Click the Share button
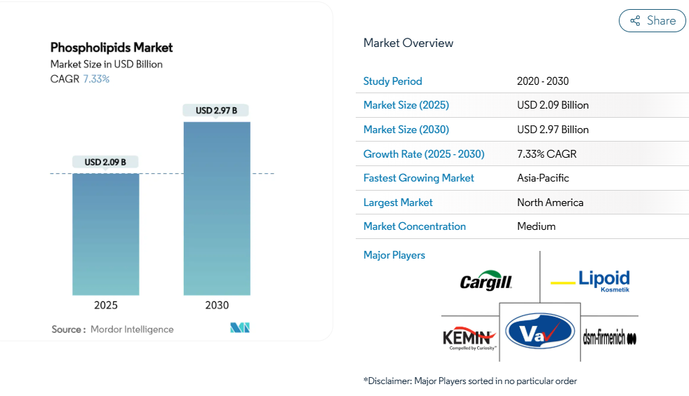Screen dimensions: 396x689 tap(652, 21)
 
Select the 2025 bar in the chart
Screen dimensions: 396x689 tap(106, 234)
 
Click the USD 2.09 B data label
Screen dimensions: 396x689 tap(105, 162)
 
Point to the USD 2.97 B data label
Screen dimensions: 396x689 tap(216, 110)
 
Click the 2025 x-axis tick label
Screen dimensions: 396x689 tap(106, 306)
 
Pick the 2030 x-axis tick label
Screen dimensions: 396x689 tap(217, 306)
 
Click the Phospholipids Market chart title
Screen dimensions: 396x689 tap(112, 48)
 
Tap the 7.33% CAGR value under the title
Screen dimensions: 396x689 tap(97, 79)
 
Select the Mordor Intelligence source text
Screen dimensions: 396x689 tap(132, 329)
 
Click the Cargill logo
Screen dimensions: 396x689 tap(486, 282)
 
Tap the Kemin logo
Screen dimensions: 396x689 tap(469, 339)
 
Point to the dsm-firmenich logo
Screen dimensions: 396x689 tap(610, 339)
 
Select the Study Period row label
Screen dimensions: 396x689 tap(393, 81)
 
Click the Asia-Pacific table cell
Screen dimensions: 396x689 tap(543, 178)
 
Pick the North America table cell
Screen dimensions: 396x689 tap(550, 203)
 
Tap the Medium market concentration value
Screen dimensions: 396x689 tap(536, 226)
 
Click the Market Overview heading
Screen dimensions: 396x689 tap(408, 43)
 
